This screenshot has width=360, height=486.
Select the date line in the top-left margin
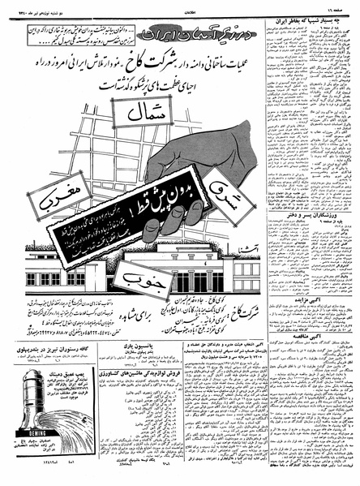point(32,5)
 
